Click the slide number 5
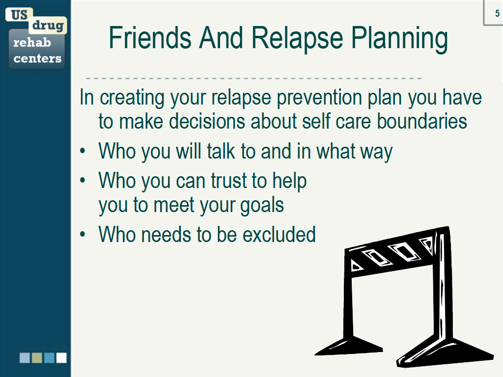click(497, 13)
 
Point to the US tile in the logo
click(19, 15)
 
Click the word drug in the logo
click(48, 26)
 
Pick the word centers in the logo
click(37, 58)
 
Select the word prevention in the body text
click(319, 98)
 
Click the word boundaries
click(421, 121)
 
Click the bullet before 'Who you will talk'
click(83, 151)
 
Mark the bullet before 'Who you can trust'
click(83, 181)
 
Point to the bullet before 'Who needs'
click(83, 234)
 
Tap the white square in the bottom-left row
click(61, 358)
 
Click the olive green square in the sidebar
click(37, 358)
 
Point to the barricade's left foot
click(350, 346)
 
